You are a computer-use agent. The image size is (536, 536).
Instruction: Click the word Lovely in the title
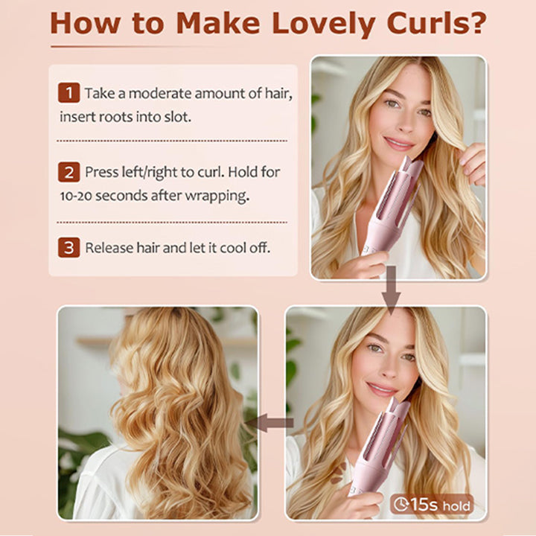pos(324,25)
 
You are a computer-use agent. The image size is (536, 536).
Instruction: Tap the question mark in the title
pos(476,22)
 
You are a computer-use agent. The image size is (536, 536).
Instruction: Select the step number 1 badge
pos(68,92)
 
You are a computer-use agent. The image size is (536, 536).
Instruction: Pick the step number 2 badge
pos(68,172)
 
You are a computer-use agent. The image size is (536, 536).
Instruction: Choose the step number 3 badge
pos(68,247)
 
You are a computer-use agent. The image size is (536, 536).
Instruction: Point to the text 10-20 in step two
pos(76,196)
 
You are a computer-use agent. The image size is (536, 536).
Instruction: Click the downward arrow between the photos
pos(391,290)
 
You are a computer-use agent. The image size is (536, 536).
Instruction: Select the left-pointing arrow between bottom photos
pos(269,423)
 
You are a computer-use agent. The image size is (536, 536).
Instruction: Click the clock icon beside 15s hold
pos(401,504)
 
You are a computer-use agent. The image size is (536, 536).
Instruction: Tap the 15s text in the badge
pos(424,504)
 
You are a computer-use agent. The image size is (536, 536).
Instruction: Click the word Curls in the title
pos(424,23)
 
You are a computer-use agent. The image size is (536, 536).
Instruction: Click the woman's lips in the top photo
pos(398,143)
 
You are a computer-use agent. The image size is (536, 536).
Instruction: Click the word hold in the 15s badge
pos(456,505)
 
